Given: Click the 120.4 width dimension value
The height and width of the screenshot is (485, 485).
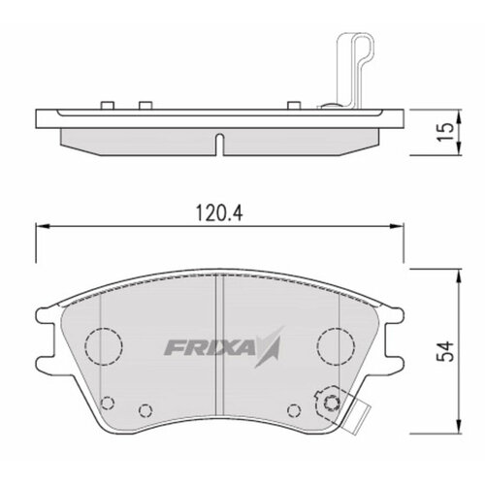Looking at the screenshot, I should pos(220,209).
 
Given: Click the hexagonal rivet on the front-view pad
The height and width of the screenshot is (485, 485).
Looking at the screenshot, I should pos(333,403).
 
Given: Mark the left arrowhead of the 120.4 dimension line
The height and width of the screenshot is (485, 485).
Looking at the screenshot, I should pos(39,225).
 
